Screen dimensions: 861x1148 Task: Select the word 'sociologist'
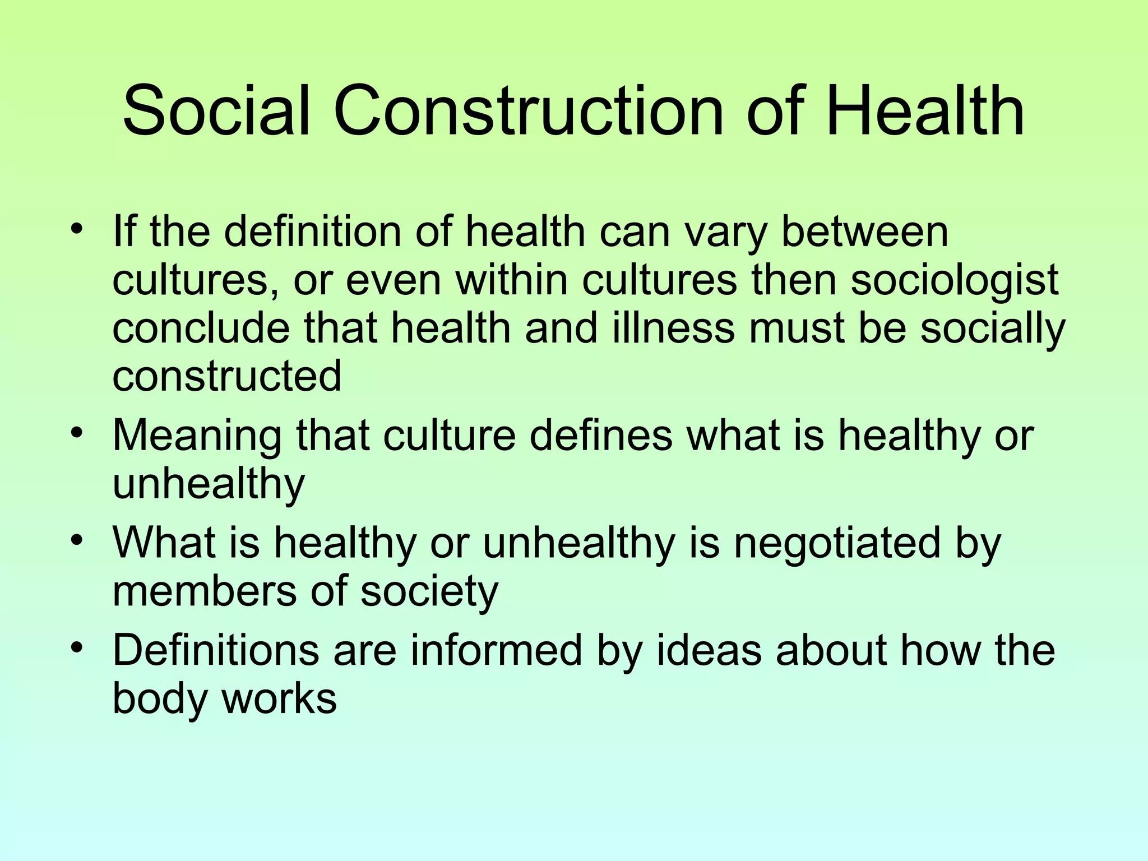click(x=954, y=280)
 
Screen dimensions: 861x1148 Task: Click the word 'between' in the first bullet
click(x=864, y=232)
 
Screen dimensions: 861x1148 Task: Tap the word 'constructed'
click(x=227, y=377)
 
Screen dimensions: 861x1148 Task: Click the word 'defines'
click(x=600, y=436)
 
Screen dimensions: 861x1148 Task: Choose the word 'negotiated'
click(x=836, y=543)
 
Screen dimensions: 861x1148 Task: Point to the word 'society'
click(x=429, y=592)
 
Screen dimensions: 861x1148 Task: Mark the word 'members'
click(x=204, y=591)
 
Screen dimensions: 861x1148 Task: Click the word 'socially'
click(x=992, y=330)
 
